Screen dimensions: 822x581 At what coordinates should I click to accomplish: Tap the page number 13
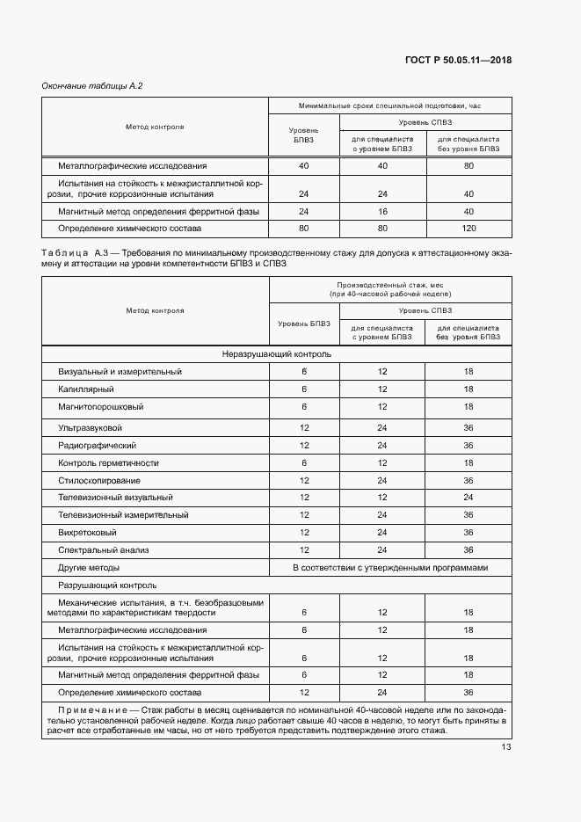[506, 747]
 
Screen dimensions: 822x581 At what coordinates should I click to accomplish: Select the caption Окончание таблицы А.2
[92, 85]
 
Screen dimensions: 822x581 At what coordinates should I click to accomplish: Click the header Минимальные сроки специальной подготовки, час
[390, 105]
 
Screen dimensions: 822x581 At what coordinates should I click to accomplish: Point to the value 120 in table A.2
[468, 228]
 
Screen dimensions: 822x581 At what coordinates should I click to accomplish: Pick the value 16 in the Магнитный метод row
[381, 212]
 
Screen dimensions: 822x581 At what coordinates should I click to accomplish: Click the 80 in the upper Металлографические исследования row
[468, 165]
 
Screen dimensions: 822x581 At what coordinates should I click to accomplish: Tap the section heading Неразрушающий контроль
[276, 354]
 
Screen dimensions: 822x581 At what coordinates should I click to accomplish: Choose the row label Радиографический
[97, 445]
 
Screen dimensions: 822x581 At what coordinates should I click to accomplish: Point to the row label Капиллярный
[86, 389]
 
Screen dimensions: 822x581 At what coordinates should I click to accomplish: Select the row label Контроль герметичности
[108, 462]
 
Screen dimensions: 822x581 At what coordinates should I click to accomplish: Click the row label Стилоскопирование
[99, 481]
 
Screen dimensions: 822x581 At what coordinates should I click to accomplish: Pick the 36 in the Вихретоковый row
[468, 532]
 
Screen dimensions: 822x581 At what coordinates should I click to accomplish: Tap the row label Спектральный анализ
[104, 549]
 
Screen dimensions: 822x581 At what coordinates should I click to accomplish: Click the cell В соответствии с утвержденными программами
[390, 568]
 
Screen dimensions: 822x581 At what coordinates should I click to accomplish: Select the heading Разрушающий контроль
[107, 585]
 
